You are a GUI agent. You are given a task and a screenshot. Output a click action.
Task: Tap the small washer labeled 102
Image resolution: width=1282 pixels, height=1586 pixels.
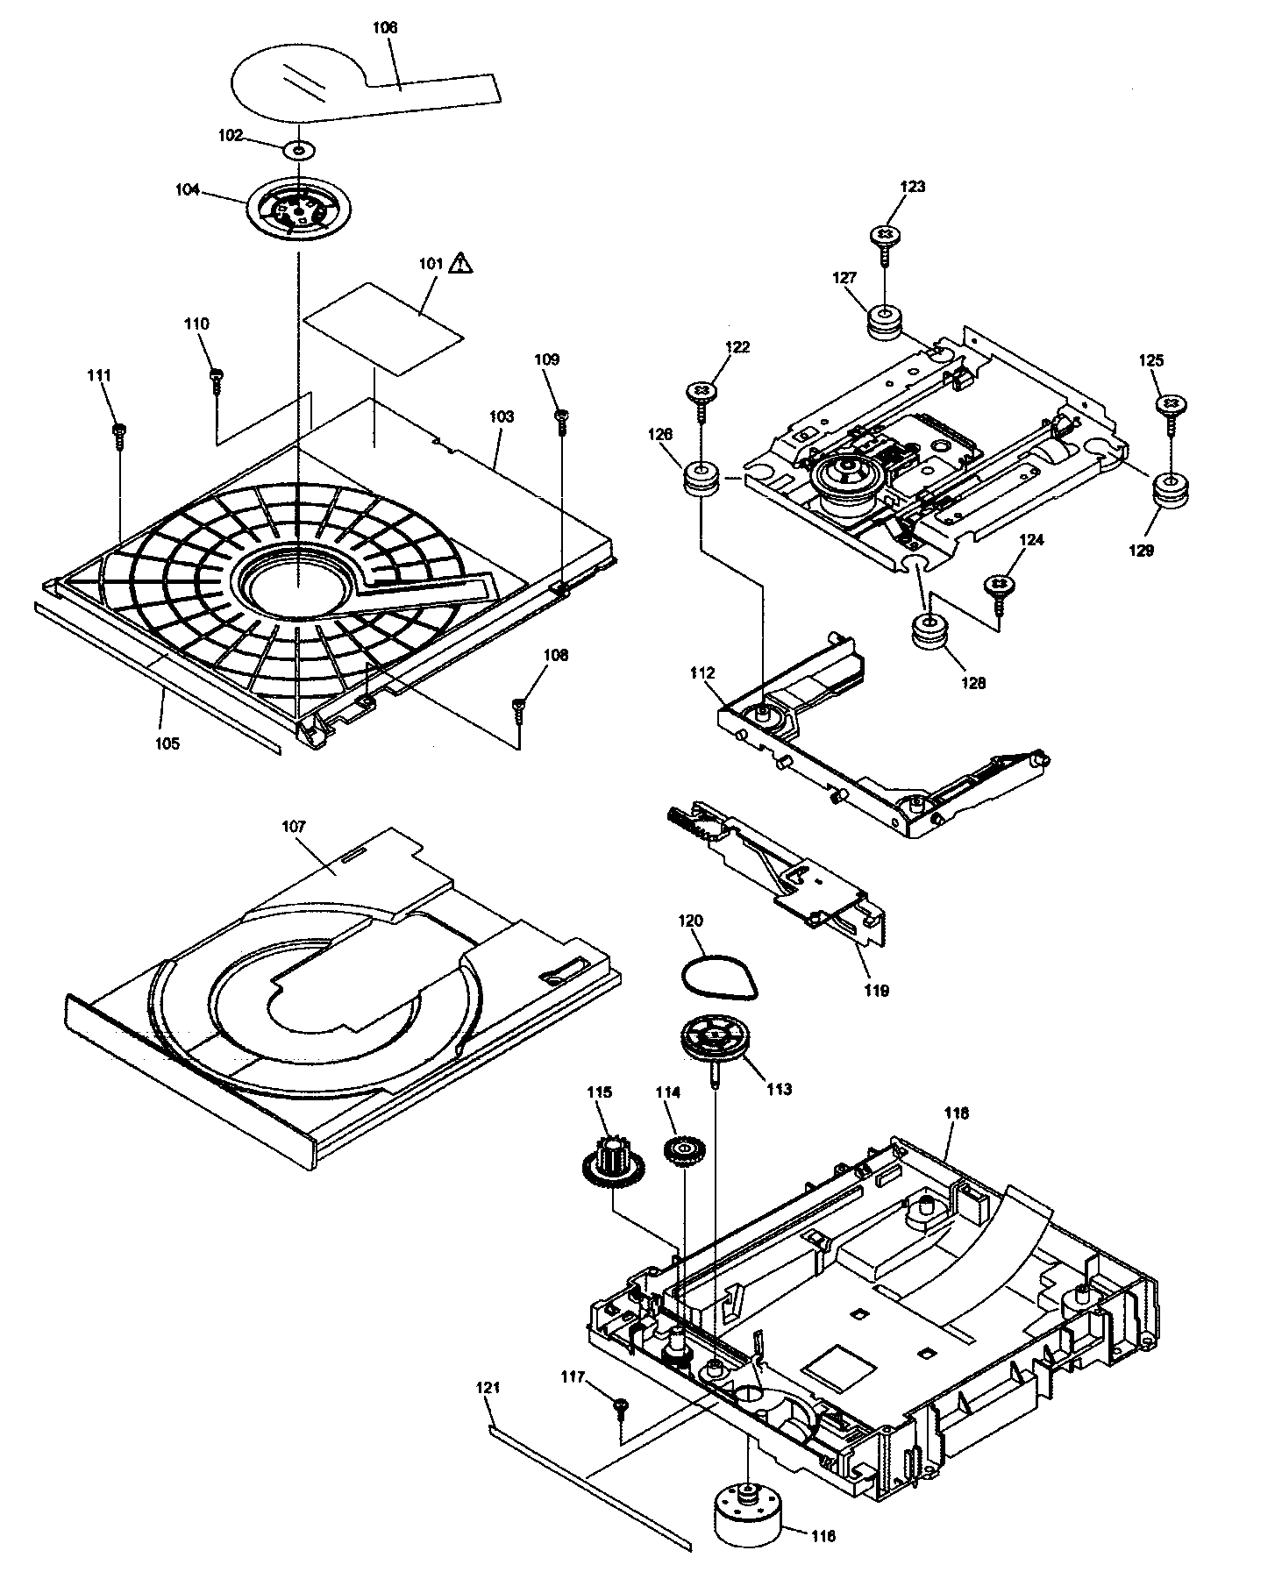point(299,150)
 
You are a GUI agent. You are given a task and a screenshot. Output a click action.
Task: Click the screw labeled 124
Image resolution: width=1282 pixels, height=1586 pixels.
point(998,586)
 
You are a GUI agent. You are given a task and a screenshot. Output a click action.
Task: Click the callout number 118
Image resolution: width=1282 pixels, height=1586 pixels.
point(957,1113)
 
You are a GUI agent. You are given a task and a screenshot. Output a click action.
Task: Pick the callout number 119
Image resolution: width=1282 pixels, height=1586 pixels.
point(876,990)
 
